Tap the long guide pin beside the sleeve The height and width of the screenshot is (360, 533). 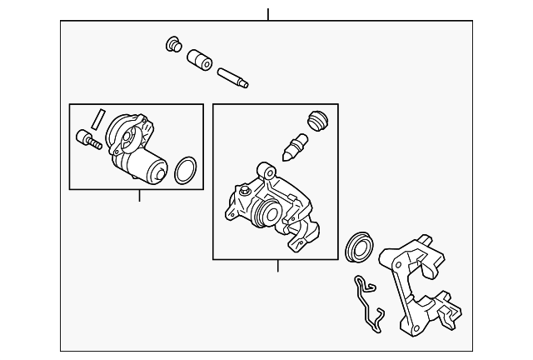(x=235, y=77)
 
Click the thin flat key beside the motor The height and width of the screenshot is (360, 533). (x=97, y=119)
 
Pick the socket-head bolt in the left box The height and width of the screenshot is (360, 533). (x=87, y=139)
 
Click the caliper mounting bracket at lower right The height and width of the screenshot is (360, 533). (x=416, y=283)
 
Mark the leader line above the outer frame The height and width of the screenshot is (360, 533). (x=268, y=14)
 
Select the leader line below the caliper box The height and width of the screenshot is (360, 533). (x=278, y=266)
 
